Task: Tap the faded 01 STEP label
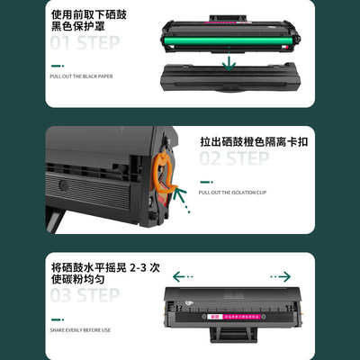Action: [x=85, y=43]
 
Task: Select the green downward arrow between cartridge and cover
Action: [x=231, y=62]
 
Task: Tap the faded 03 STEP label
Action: [x=85, y=295]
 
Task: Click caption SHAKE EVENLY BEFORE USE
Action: [x=81, y=328]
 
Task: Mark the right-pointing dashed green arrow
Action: [x=280, y=276]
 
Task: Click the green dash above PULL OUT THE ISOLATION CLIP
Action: [x=205, y=180]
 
